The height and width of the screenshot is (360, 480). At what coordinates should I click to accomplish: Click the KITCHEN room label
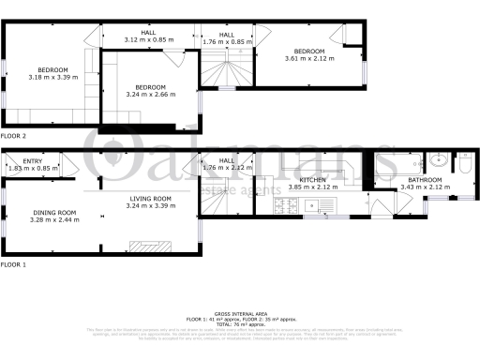(x=311, y=179)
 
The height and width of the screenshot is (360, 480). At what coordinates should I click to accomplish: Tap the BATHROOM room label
(x=424, y=179)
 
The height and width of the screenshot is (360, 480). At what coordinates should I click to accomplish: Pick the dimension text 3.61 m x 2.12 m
(x=309, y=59)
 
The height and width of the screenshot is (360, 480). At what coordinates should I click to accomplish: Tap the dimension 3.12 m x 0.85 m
(x=149, y=40)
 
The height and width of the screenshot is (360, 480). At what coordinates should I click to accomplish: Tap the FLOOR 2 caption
(x=14, y=137)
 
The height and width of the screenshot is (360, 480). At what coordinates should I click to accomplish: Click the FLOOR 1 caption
(x=14, y=265)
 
